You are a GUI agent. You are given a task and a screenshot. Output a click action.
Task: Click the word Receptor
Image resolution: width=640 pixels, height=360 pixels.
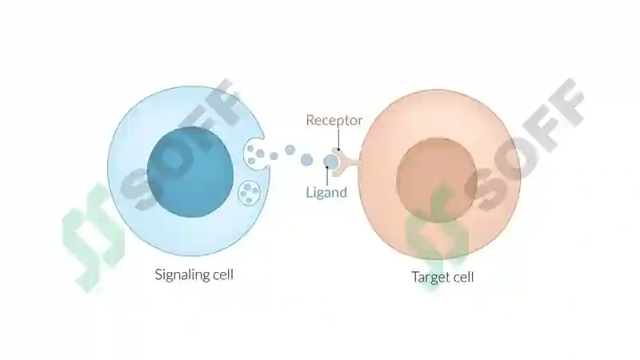click(334, 121)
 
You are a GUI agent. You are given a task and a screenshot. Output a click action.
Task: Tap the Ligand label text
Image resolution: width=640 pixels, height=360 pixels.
click(326, 192)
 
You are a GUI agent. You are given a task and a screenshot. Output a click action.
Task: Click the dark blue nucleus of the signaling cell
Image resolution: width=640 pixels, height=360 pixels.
click(190, 171)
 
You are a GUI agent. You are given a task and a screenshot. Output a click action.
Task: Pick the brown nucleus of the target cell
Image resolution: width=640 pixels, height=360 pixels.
click(436, 180)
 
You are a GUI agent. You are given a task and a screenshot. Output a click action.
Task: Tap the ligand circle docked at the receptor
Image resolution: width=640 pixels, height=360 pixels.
click(331, 162)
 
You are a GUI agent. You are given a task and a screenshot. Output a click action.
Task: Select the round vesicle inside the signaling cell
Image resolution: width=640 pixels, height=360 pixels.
click(249, 192)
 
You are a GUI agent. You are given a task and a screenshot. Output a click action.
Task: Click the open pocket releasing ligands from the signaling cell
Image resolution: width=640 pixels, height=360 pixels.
click(254, 155)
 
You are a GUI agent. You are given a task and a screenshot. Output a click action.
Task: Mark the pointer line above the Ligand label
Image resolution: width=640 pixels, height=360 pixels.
click(327, 176)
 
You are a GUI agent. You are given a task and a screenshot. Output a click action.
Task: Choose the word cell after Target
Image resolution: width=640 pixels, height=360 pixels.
click(464, 277)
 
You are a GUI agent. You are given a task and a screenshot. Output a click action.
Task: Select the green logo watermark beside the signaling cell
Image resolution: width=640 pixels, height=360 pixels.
click(93, 237)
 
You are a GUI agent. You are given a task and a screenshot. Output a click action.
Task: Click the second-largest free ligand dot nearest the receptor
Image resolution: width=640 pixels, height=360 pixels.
click(306, 159)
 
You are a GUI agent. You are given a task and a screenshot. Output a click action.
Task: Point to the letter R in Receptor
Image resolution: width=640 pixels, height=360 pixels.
click(310, 120)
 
